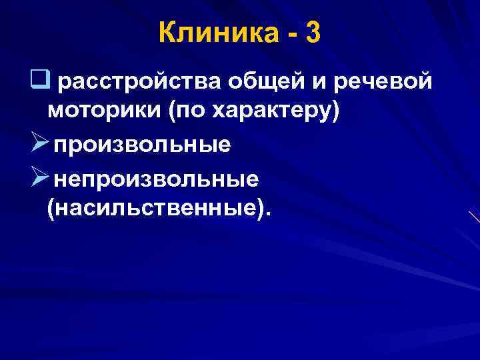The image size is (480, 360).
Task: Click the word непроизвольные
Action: pyautogui.click(x=157, y=178)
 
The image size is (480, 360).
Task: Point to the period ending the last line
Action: pyautogui.click(x=269, y=214)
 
